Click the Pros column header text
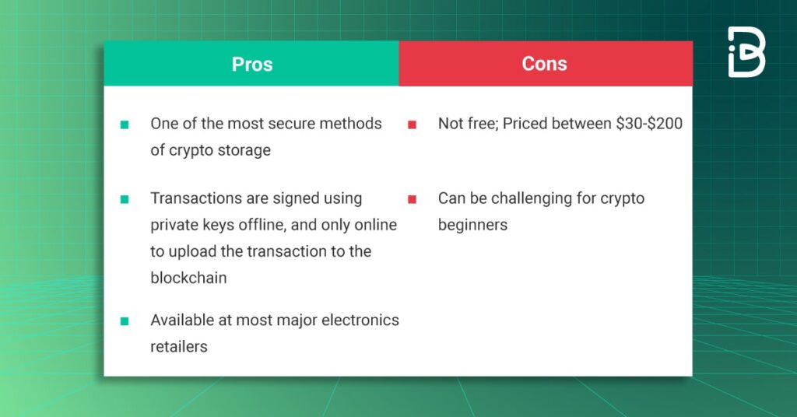252,65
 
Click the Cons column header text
544,64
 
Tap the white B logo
746,52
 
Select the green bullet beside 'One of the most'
125,124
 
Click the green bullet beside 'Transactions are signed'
125,199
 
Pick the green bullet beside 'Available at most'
125,321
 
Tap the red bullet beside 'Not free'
413,124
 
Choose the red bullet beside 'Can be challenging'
413,199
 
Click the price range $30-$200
649,124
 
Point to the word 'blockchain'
188,278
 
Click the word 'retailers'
179,346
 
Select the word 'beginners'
472,225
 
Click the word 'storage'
244,151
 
